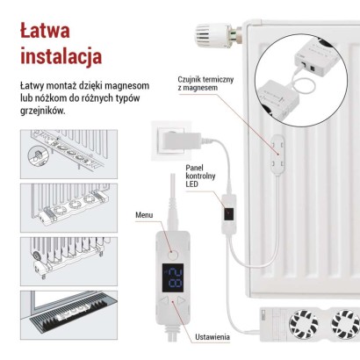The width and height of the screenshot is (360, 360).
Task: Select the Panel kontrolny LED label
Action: pos(199,176)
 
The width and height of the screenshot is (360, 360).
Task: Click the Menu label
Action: pos(144,214)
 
